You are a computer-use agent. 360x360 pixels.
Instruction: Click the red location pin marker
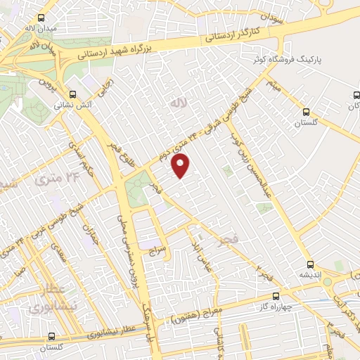(x=181, y=166)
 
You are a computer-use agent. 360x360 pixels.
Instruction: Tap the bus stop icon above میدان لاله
(x=41, y=19)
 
